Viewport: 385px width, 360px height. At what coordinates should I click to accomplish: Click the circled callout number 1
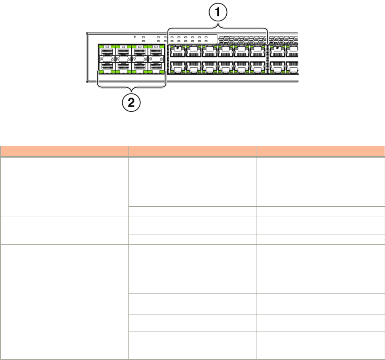coord(217,15)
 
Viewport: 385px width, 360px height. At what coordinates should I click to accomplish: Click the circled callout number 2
coord(132,102)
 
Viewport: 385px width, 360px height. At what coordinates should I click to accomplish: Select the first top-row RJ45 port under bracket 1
coord(177,52)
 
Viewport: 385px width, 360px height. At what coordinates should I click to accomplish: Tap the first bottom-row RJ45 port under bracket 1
coord(177,67)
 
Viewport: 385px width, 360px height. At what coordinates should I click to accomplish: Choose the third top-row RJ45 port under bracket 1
coord(209,52)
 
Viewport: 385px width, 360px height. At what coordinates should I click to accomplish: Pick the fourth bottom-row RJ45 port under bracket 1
coord(225,67)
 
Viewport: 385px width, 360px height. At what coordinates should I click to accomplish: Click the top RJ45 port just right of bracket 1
coord(277,52)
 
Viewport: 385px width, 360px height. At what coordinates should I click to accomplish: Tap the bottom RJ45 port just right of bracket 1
coord(277,67)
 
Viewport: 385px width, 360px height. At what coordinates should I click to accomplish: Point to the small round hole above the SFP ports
coord(134,37)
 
